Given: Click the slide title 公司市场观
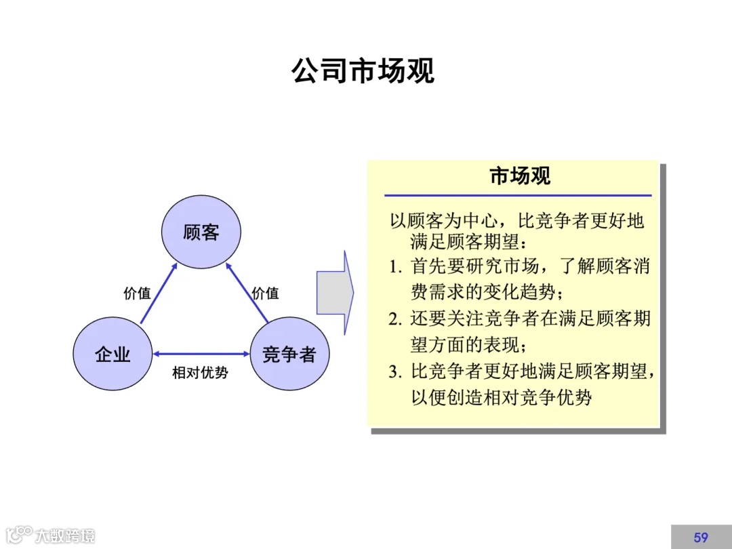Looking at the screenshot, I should coord(363,70).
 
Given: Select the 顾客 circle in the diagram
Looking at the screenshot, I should coord(201,232).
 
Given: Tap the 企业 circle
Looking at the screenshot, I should coord(113,353).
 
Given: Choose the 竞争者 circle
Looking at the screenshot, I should coord(289,353).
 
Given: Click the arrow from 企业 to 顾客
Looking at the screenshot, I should coord(158,293).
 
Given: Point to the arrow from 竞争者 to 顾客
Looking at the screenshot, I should coord(247,292).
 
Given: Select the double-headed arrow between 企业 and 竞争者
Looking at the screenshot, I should coord(201,353).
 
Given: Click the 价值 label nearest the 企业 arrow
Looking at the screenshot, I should coord(137,293).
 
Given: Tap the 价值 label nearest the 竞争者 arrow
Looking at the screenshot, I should coord(265,293).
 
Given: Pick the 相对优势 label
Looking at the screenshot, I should coord(200,373).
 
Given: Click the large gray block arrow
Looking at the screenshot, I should coord(335,292).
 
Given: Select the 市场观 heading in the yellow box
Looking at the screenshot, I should coord(520,176).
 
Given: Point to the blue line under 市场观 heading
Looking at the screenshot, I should coord(518,196).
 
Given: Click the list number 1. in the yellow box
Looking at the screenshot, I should coord(396,266).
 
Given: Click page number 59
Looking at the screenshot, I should coord(701,537).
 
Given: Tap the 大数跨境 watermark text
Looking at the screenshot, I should coord(65,535).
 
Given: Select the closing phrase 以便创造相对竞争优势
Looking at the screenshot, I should coord(502,397).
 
